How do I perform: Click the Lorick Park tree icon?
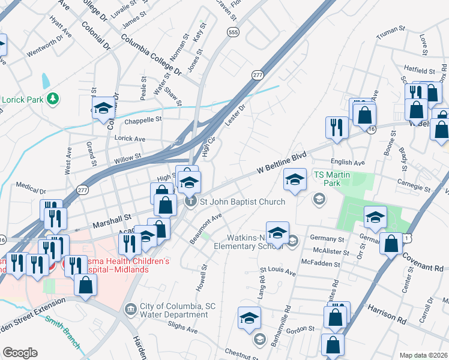tap(53, 98)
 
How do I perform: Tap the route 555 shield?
tap(232, 32)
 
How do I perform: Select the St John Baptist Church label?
tap(242, 202)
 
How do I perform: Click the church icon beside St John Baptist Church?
tap(191, 201)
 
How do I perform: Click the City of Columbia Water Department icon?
tap(130, 310)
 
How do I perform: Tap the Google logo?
tap(20, 353)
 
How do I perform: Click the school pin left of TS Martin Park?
tap(294, 180)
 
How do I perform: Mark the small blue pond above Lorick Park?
tap(45, 80)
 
